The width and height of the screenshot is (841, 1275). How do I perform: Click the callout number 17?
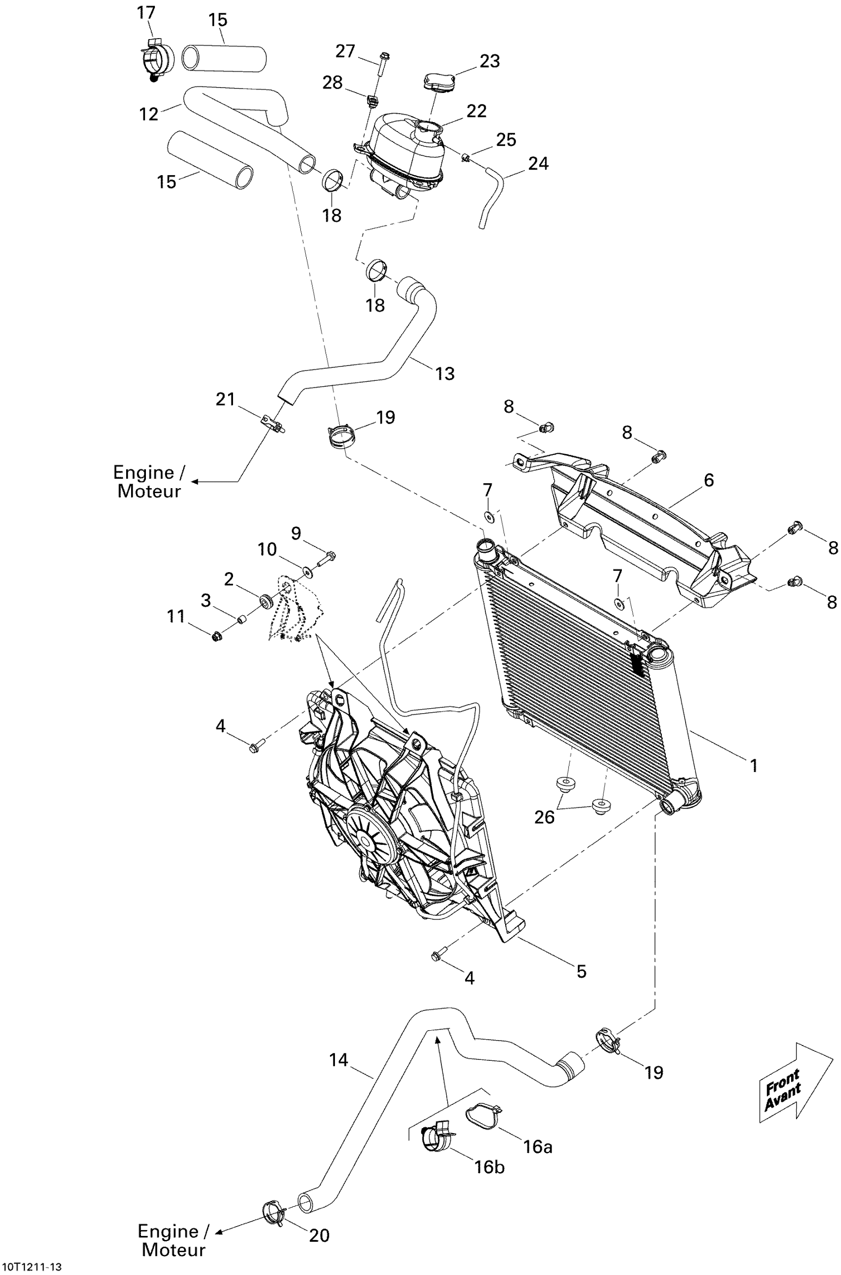[146, 12]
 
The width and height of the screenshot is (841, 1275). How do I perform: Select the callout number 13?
[445, 373]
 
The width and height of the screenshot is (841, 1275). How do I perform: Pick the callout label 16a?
[537, 1146]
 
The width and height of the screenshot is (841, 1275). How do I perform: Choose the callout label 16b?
[489, 1167]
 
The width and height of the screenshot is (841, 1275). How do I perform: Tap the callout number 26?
[544, 817]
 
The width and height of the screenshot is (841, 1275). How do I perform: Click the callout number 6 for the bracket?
[708, 480]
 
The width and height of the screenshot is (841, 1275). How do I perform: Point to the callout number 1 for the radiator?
[753, 765]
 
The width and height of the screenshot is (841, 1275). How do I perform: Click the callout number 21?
[225, 399]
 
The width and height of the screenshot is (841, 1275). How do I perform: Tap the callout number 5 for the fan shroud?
[581, 971]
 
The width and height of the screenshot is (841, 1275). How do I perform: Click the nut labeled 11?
[217, 637]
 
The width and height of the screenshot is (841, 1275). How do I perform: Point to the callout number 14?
[338, 1060]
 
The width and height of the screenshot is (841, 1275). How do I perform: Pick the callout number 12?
[148, 114]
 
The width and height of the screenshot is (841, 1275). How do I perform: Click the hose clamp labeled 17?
[157, 59]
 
